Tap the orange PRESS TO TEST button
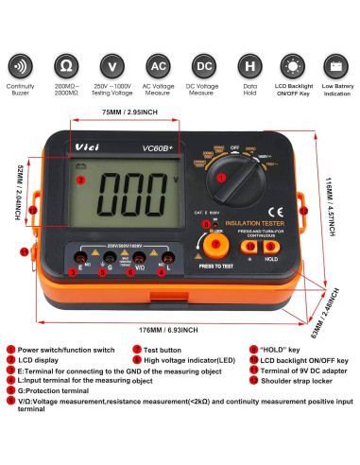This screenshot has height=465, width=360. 216,245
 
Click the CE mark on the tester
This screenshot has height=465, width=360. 277,210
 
